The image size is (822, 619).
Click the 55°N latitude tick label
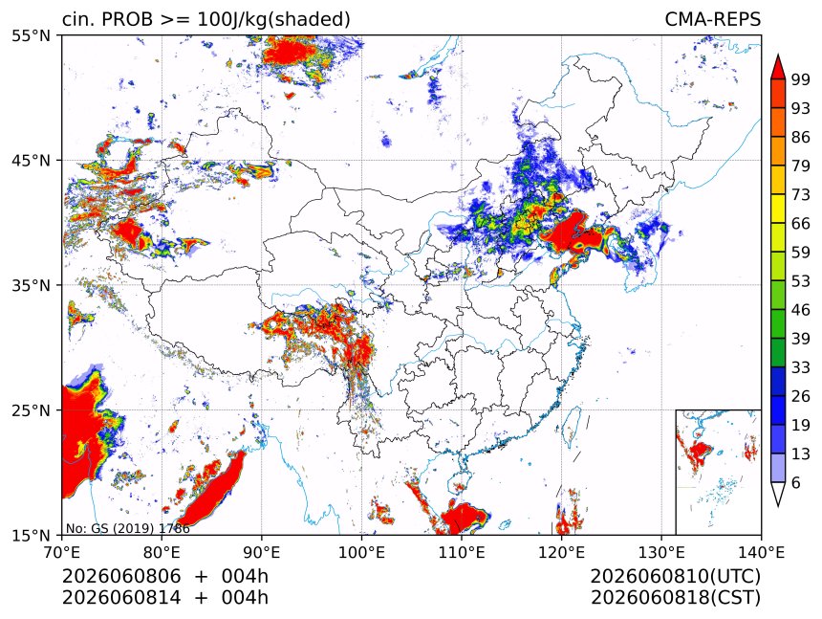(31, 35)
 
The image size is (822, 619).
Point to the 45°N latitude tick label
(31, 161)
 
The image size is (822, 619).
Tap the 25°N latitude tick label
(31, 410)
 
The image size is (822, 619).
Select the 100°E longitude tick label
(361, 552)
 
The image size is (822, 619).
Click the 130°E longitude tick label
(661, 552)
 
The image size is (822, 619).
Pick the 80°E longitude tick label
(162, 552)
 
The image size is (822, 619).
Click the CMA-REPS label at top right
(712, 19)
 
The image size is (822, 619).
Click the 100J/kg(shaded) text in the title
(273, 20)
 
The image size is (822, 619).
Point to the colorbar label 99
(801, 79)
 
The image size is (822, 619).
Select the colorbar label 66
(801, 224)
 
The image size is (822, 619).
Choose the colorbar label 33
(801, 367)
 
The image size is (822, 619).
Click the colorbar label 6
(796, 482)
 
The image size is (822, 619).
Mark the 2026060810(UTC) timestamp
(675, 577)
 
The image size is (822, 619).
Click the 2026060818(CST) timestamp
(675, 598)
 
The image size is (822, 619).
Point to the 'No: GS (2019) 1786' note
(127, 528)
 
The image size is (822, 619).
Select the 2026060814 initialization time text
(121, 598)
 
